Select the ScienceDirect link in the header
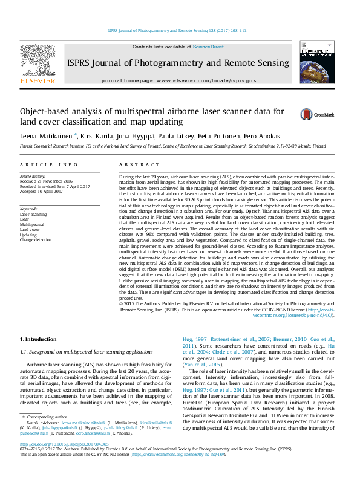(208, 47)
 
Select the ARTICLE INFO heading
(48, 164)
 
